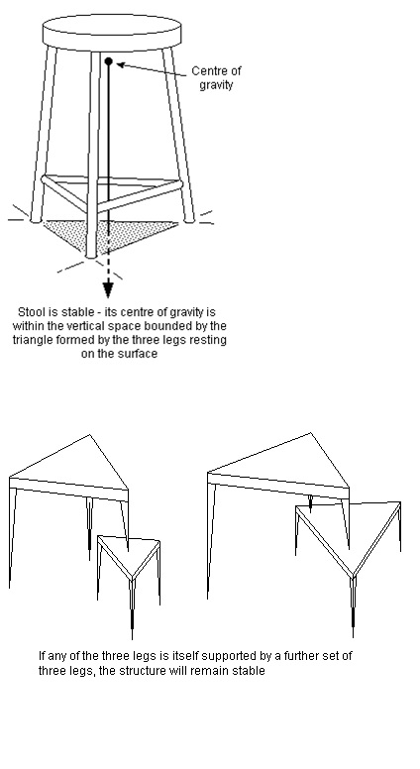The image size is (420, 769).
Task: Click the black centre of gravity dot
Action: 109,61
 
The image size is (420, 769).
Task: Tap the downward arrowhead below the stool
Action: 108,289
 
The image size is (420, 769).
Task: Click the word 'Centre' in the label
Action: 210,71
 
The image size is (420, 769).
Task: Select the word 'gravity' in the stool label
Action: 216,85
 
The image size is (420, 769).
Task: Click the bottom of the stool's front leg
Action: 91,255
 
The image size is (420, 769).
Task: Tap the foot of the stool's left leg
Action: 36,220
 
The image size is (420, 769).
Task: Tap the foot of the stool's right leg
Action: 189,220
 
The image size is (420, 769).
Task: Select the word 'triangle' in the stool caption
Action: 31,340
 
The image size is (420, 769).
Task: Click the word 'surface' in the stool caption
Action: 140,354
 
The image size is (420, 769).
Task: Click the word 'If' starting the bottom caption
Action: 43,656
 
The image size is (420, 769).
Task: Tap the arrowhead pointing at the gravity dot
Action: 121,64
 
